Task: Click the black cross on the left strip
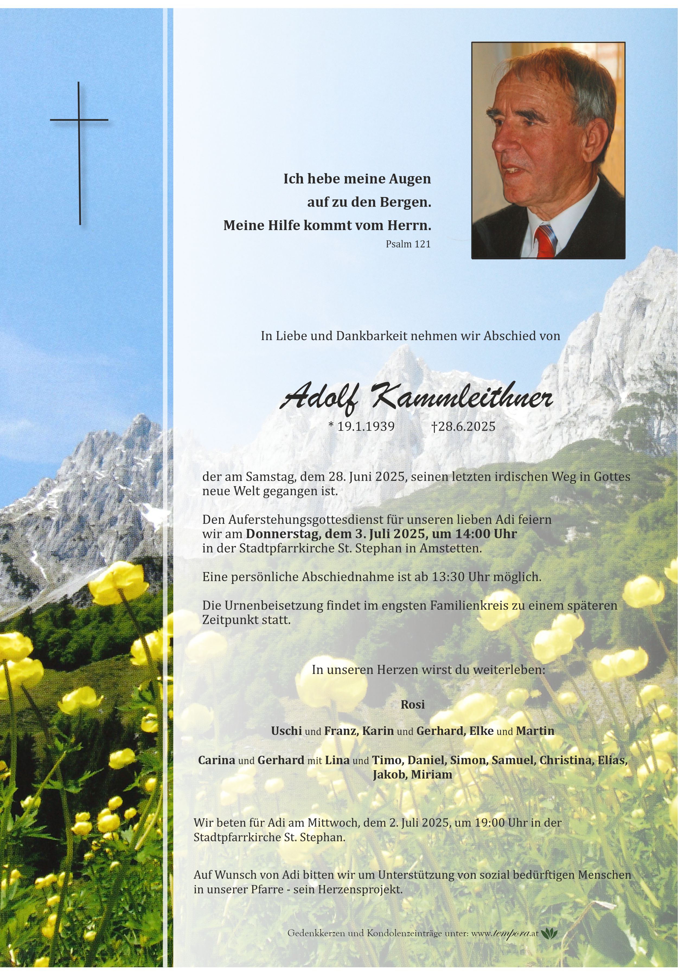(x=79, y=153)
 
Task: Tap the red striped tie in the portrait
(x=546, y=242)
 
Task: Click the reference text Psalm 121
(x=408, y=244)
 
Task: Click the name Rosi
(x=412, y=704)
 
